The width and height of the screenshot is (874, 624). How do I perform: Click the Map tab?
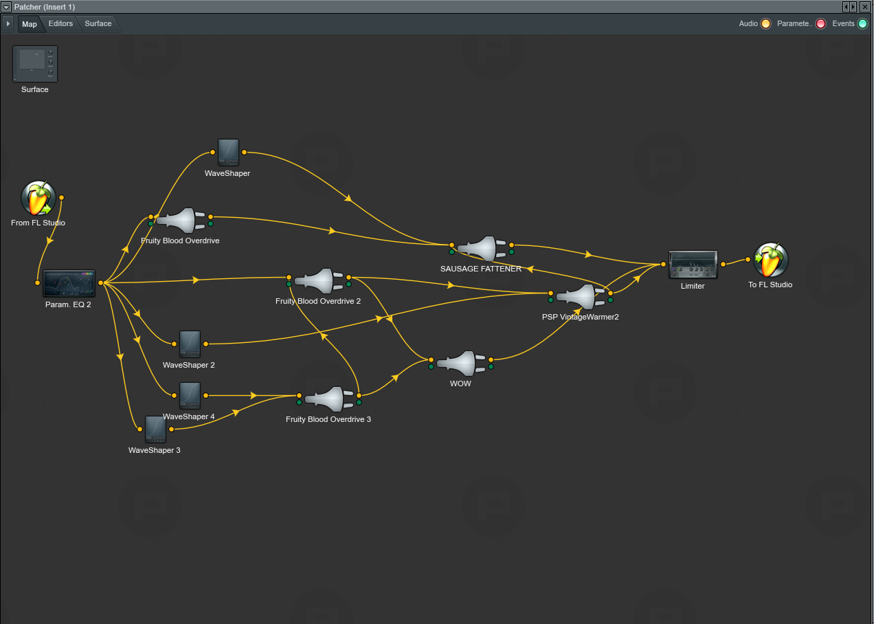pos(30,24)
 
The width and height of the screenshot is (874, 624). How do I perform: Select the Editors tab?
pos(60,24)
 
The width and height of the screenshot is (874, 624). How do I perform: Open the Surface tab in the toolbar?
pos(98,24)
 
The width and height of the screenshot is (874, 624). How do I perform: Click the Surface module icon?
pos(35,64)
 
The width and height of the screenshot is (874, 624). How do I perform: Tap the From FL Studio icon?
pos(38,199)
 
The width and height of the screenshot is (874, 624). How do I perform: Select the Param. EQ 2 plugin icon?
pos(69,283)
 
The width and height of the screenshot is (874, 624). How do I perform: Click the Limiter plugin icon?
pos(693,265)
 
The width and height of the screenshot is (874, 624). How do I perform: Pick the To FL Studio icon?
pos(770,260)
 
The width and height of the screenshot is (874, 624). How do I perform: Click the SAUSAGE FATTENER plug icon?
pos(481,249)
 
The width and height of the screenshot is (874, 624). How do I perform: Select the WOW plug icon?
pos(460,363)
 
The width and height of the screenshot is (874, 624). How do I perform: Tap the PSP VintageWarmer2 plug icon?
pos(580,297)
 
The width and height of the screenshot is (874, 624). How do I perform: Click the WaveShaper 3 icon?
pos(155,430)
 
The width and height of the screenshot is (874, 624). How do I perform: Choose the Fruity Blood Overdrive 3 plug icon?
pos(328,399)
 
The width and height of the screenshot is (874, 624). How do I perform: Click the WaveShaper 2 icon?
pos(190,344)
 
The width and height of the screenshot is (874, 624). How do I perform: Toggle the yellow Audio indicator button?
pos(765,24)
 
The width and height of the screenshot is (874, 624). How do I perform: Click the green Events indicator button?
pos(862,24)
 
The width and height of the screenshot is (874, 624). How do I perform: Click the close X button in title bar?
pos(865,6)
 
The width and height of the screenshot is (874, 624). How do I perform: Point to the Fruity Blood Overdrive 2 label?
pos(318,301)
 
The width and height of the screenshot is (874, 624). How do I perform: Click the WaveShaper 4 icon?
pos(190,396)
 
